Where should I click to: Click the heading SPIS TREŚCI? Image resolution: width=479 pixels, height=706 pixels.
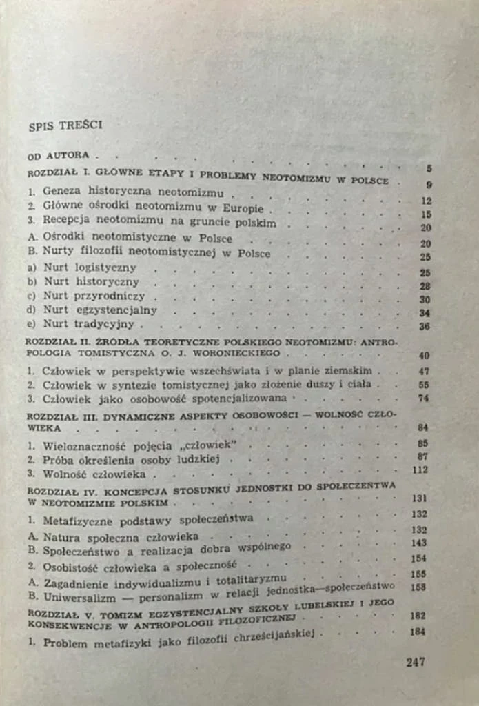click(65, 126)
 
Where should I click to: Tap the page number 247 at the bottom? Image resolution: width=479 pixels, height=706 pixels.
click(415, 662)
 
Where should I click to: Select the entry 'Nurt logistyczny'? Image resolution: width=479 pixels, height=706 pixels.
click(90, 268)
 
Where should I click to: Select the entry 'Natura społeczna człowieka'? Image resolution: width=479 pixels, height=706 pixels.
click(121, 536)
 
